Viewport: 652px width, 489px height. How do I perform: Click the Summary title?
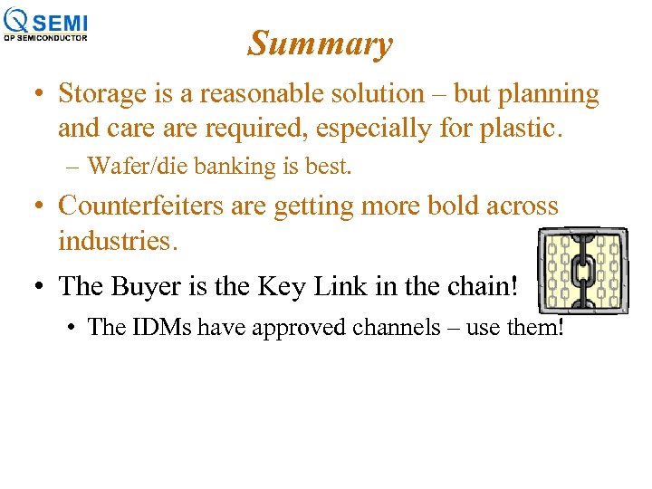(x=320, y=43)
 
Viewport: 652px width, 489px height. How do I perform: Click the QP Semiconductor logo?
(x=46, y=24)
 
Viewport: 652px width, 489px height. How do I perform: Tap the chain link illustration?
(x=582, y=272)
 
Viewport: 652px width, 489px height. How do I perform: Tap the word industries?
(x=114, y=241)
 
